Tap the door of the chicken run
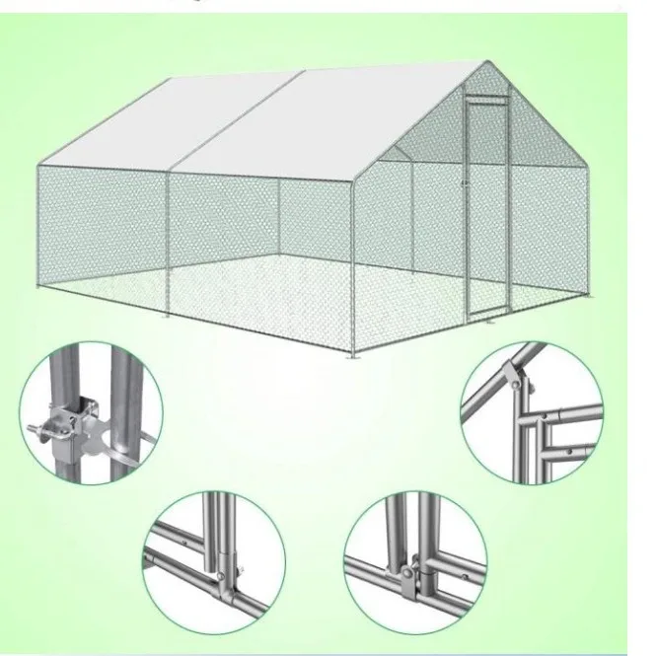[x=486, y=197]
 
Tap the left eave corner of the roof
[x=36, y=164]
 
